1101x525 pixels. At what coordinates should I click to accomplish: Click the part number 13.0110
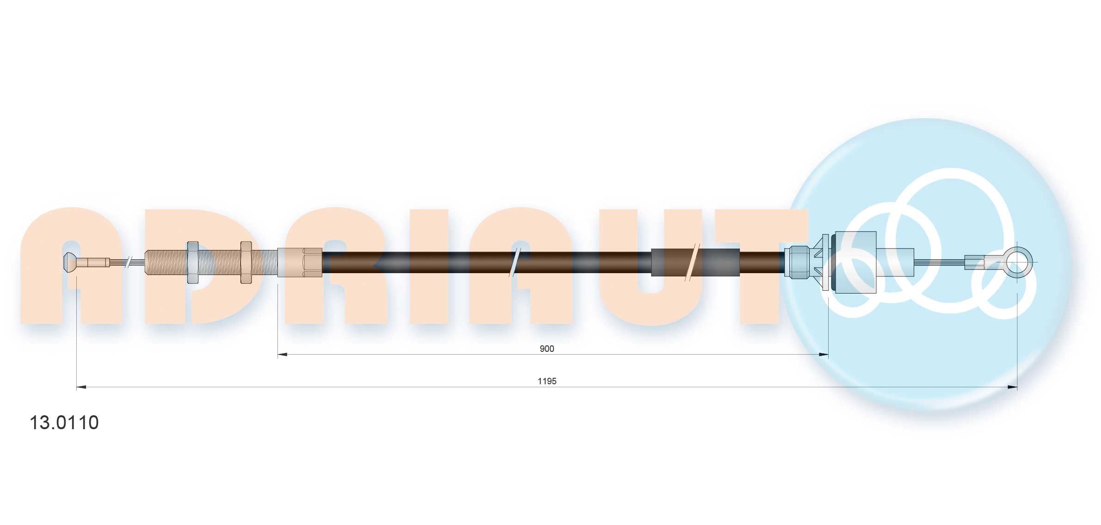(64, 423)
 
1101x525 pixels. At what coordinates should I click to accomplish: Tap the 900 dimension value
(547, 349)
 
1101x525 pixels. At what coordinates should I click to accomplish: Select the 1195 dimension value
(547, 381)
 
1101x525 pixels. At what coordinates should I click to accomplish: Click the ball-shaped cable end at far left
(69, 262)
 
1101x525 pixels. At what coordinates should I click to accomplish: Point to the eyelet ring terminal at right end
(1019, 262)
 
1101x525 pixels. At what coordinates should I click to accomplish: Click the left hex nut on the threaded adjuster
(193, 262)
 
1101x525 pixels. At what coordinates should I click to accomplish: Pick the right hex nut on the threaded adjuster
(246, 262)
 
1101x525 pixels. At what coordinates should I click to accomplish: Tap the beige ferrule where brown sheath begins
(300, 262)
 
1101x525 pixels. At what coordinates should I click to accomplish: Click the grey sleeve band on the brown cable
(695, 262)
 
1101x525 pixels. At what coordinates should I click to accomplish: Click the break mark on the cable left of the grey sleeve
(514, 262)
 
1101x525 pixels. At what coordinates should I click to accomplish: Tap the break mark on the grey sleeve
(691, 262)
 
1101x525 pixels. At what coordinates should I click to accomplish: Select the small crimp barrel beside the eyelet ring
(974, 262)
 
